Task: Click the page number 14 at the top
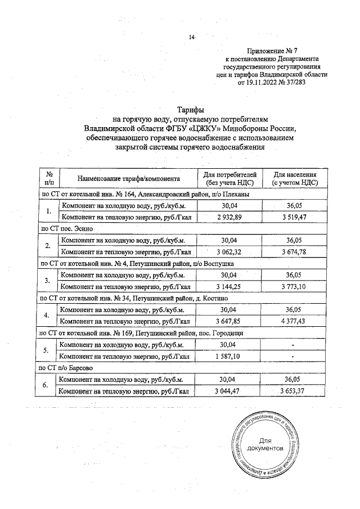[x=191, y=38]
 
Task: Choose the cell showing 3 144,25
[x=228, y=286]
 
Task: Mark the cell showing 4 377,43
[x=295, y=321]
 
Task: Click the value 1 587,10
[x=228, y=356]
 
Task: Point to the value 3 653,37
[x=295, y=391]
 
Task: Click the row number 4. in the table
[x=48, y=316]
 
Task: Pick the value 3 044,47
[x=228, y=391]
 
